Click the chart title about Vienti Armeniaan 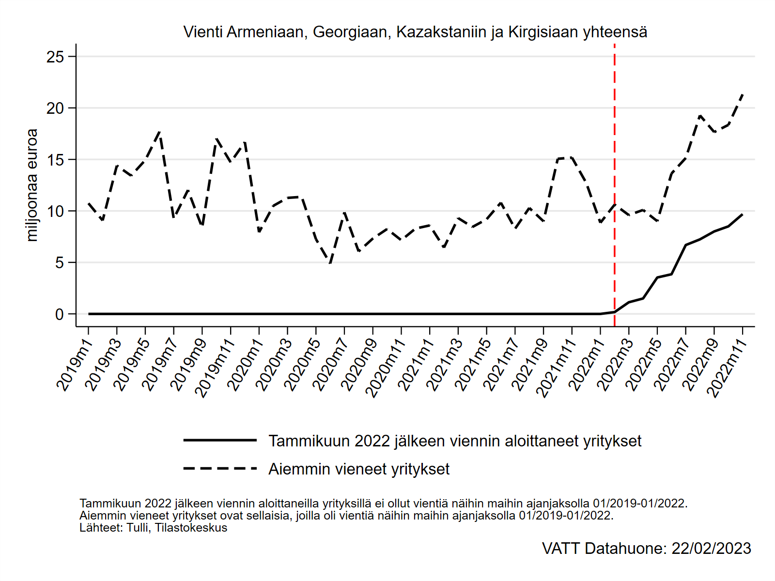pos(415,32)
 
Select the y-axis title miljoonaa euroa pos(32,185)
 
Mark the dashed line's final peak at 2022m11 pos(743,94)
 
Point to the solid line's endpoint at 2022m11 pos(743,214)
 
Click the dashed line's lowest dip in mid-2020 pos(330,263)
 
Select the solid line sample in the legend pos(220,440)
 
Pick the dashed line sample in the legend pos(220,468)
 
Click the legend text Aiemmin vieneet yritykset pos(359,469)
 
